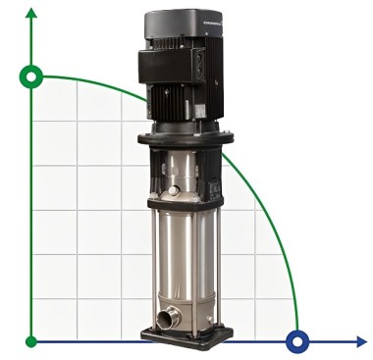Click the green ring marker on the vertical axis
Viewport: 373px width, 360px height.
point(32,76)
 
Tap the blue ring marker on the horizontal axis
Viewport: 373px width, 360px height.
point(296,341)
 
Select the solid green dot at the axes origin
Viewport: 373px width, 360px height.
point(32,341)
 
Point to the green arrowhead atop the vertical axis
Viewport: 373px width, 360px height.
point(32,13)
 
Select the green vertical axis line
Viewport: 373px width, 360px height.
point(32,196)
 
